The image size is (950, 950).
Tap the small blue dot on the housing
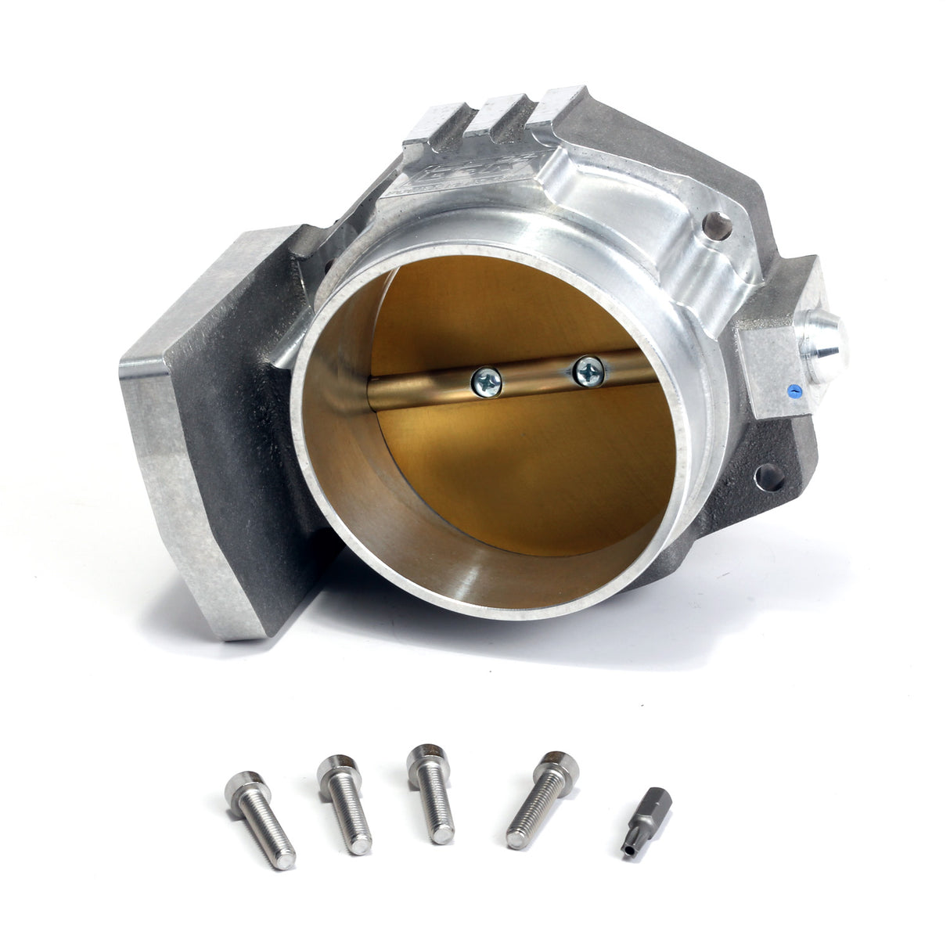(796, 387)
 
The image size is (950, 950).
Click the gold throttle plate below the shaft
(532, 470)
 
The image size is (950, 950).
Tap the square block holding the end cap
(771, 368)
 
